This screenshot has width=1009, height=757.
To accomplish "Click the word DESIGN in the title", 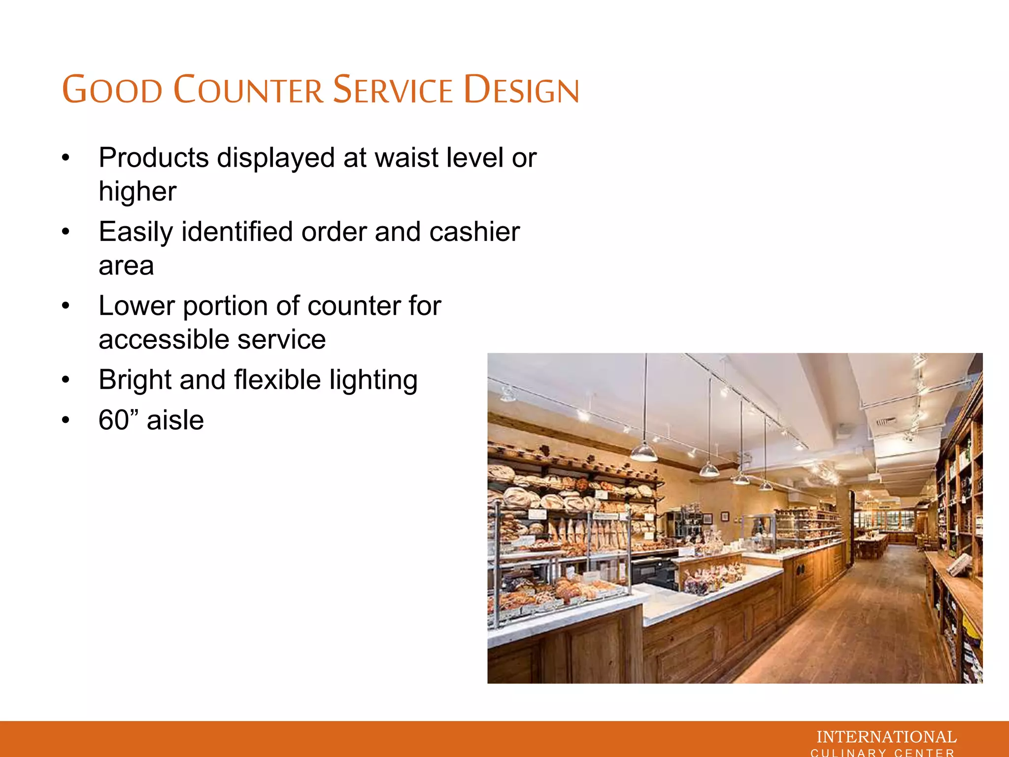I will [522, 90].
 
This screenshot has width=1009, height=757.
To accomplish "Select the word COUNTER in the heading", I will [249, 90].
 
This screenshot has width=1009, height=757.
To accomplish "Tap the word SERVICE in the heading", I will [393, 90].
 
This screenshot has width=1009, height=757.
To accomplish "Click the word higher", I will [137, 191].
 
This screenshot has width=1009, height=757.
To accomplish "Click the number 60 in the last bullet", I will [113, 420].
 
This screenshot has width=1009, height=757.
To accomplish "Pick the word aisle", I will [175, 420].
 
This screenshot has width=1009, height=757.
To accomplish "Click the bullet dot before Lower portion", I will [66, 306].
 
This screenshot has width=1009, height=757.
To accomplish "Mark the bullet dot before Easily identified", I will [66, 232].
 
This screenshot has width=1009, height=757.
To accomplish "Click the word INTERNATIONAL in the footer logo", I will [886, 737].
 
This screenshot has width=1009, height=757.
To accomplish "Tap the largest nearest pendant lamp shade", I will [644, 452].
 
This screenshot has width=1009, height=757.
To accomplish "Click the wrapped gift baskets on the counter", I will [709, 577].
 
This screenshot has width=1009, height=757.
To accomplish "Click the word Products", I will [154, 158].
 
